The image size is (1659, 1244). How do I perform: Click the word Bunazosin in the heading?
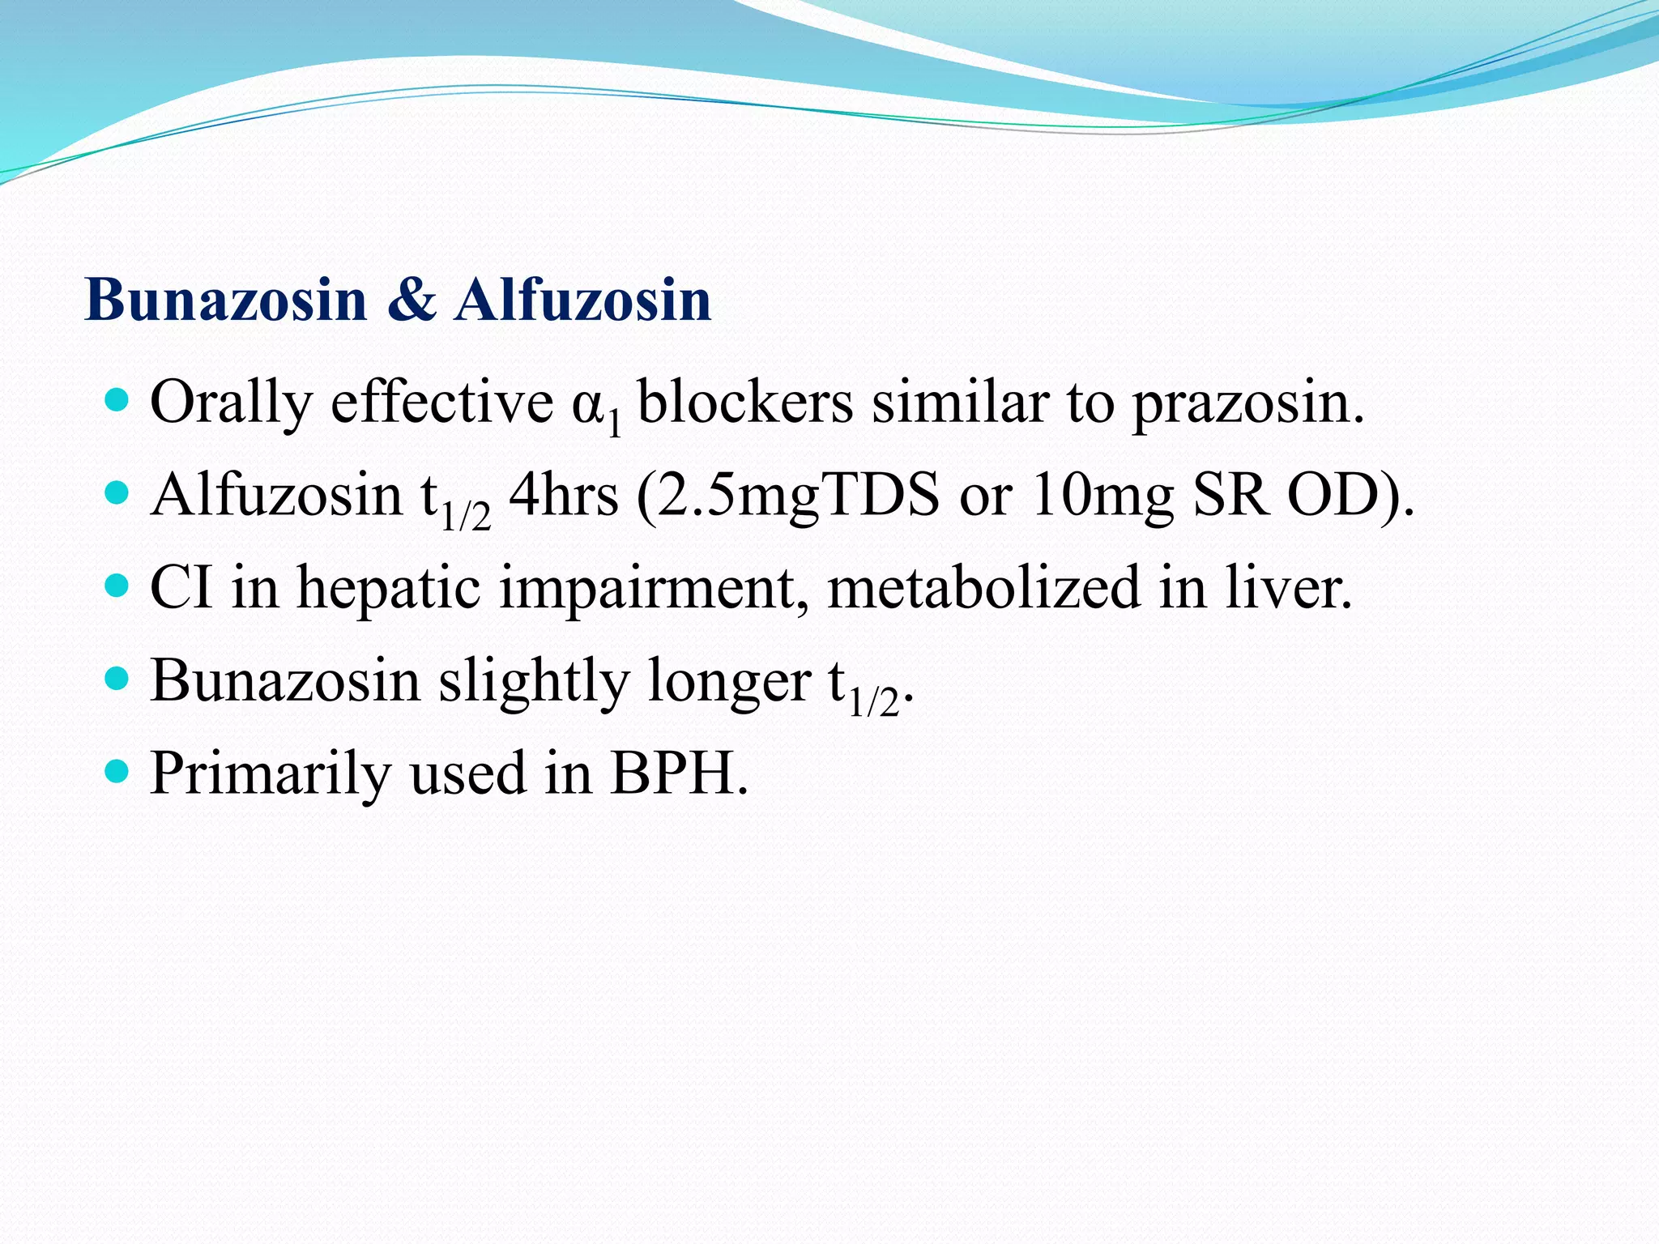(x=226, y=300)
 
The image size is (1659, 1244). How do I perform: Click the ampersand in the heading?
(x=412, y=300)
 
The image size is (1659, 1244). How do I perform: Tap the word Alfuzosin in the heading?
(x=582, y=300)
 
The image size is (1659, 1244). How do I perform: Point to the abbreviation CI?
(x=182, y=586)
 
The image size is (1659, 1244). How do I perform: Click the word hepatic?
(x=389, y=588)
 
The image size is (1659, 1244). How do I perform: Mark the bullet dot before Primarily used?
(x=118, y=770)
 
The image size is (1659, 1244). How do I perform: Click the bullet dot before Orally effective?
(x=118, y=399)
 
